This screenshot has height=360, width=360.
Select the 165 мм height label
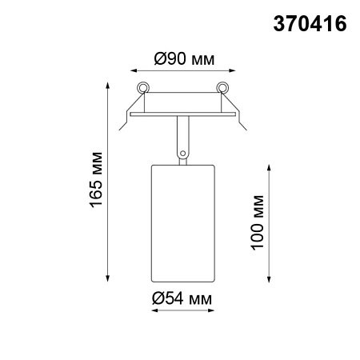96,180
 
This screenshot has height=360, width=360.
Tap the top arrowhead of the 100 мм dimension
268,165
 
